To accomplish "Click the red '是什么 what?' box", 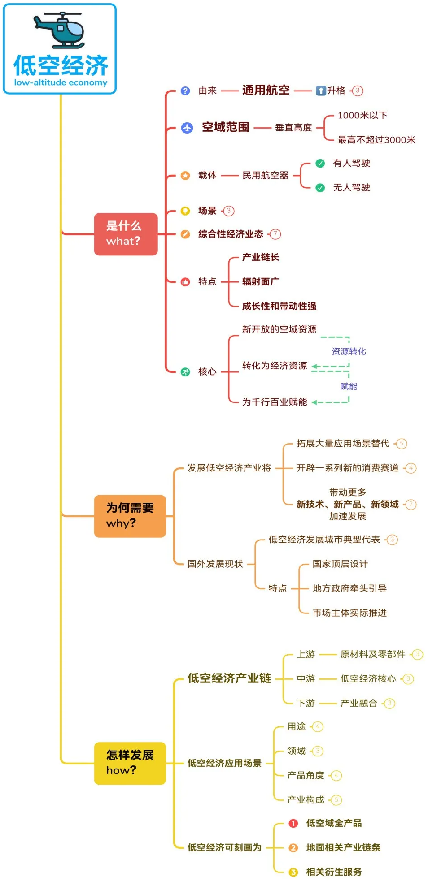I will click(126, 234).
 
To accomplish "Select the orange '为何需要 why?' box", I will click(130, 516).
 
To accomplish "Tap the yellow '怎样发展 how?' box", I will click(130, 763).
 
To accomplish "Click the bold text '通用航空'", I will click(266, 91).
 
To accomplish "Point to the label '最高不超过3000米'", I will click(376, 140).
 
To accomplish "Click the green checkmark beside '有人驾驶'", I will click(320, 163).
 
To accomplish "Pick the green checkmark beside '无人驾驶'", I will click(320, 188).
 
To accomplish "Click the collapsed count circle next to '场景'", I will click(229, 211).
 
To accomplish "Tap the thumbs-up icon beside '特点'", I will click(185, 282).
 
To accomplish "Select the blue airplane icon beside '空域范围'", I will click(187, 128).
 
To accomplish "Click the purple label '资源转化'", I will click(349, 351).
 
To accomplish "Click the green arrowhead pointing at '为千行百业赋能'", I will click(314, 402).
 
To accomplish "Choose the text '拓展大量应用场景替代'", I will click(343, 444).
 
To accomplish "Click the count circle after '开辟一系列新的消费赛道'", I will click(411, 468).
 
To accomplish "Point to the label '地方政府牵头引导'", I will click(349, 588).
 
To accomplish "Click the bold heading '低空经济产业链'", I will click(229, 678).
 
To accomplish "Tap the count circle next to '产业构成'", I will click(336, 800).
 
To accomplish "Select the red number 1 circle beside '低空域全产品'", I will click(293, 823).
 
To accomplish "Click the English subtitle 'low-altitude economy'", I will click(61, 83).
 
